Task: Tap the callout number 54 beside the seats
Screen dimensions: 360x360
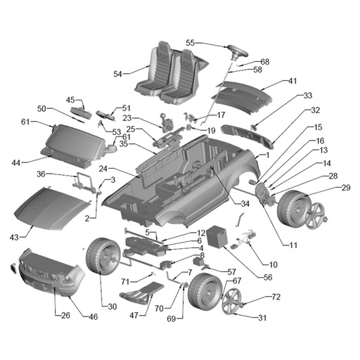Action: point(118,74)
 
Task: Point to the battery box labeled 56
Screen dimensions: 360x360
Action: point(217,236)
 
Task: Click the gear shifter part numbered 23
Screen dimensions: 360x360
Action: point(167,122)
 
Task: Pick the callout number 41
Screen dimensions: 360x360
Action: point(292,81)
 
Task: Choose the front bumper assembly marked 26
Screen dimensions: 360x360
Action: point(51,273)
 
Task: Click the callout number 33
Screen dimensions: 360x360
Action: point(308,96)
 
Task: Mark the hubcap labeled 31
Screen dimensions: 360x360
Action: point(231,301)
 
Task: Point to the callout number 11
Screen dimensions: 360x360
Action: point(293,245)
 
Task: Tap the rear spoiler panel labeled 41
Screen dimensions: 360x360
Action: point(244,96)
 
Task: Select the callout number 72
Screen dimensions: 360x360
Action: point(276,297)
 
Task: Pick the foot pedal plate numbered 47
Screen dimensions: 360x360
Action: point(142,292)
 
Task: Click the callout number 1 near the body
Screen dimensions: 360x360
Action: point(267,155)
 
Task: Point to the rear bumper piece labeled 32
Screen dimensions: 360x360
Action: point(247,136)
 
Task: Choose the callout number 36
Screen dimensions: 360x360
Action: point(41,174)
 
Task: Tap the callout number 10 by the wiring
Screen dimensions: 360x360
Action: point(274,264)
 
